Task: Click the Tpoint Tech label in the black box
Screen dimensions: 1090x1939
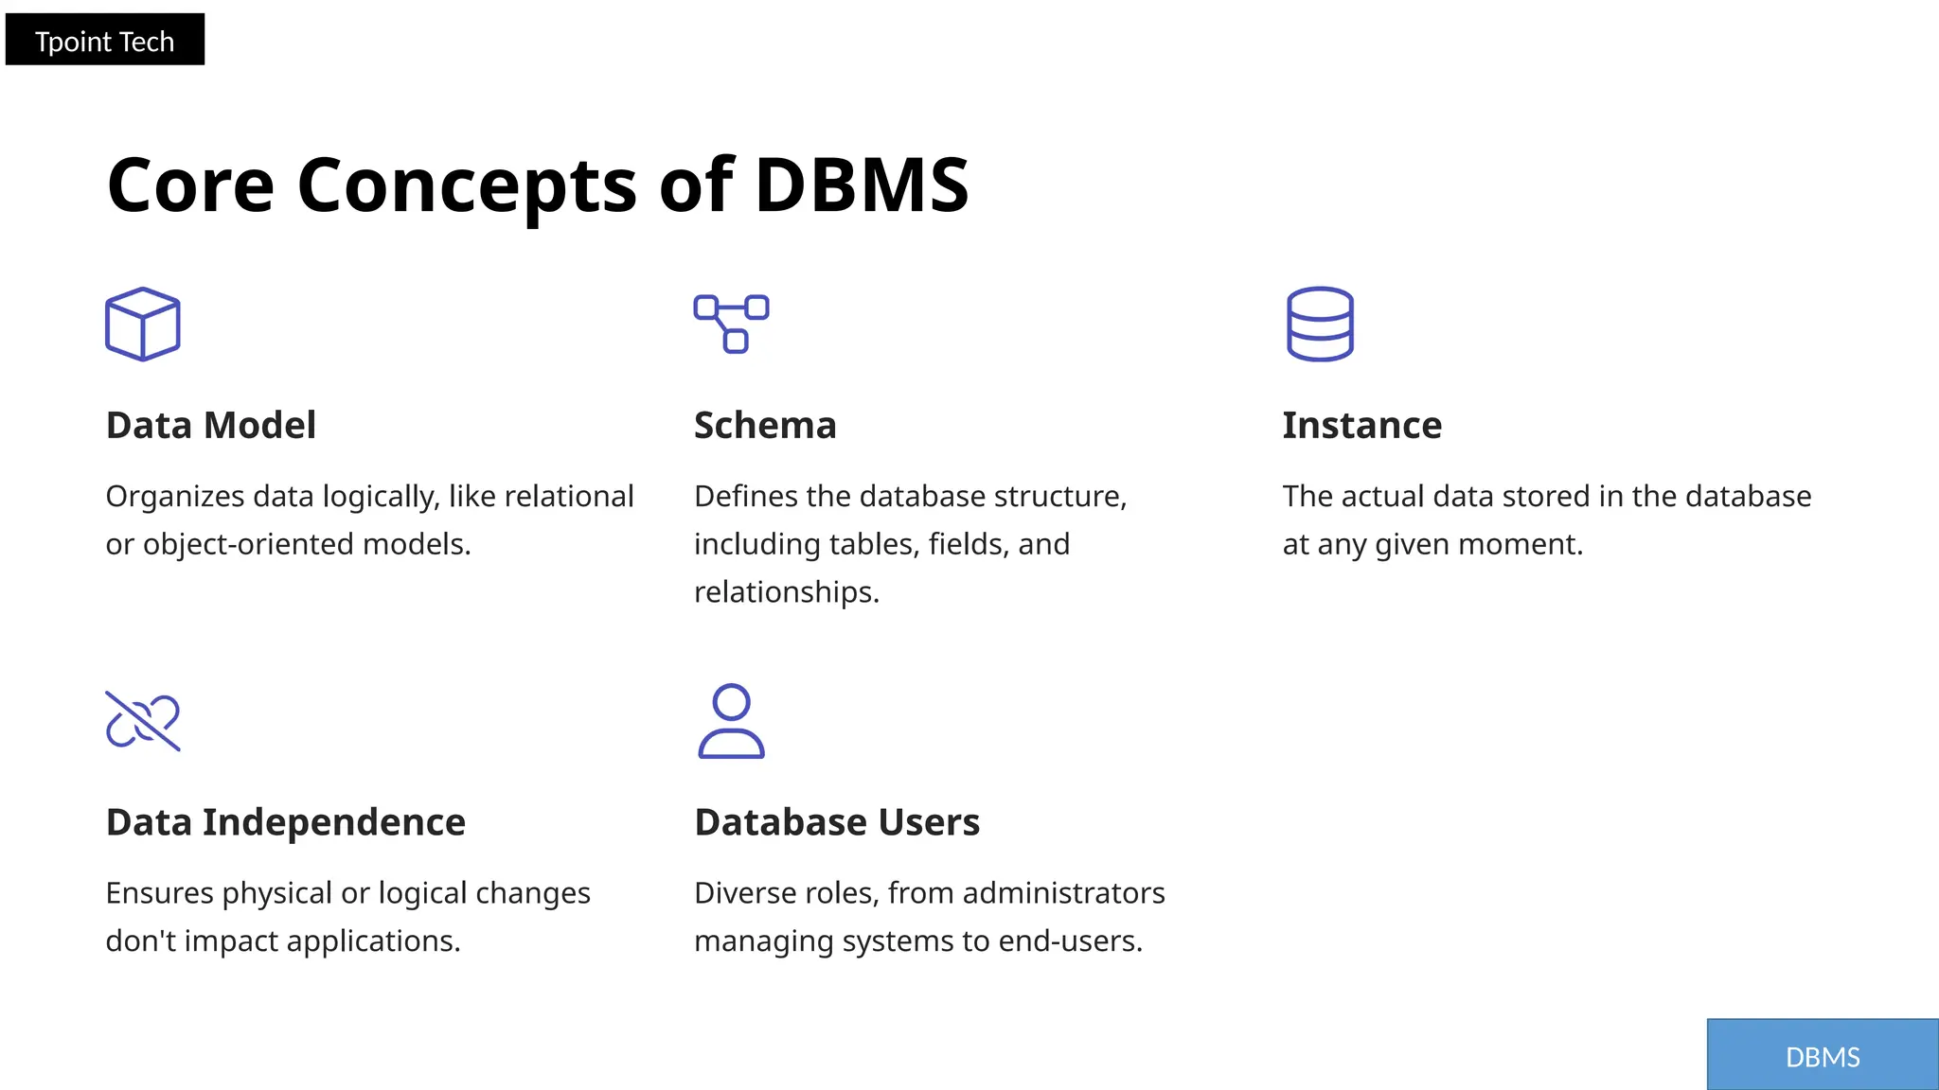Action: (x=104, y=41)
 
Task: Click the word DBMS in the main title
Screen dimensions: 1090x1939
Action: (x=862, y=185)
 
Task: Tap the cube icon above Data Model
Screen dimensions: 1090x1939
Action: (x=143, y=324)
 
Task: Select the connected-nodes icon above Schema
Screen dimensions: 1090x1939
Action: (x=731, y=324)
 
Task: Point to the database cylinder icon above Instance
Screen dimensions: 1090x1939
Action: (x=1320, y=324)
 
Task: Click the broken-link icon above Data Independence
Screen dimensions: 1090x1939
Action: (x=143, y=721)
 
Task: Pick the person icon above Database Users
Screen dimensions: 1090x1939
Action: (x=731, y=721)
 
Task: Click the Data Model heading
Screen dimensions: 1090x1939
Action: (x=210, y=426)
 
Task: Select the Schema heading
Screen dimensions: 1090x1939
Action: (x=765, y=426)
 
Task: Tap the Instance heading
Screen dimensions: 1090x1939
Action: (x=1361, y=426)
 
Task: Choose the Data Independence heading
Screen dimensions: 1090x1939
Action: (x=285, y=822)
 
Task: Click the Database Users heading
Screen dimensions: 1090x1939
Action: (x=837, y=822)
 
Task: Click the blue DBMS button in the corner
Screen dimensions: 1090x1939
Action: (x=1823, y=1056)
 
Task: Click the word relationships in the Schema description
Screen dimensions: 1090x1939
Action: (x=785, y=592)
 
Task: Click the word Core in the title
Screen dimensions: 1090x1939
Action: (x=190, y=185)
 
